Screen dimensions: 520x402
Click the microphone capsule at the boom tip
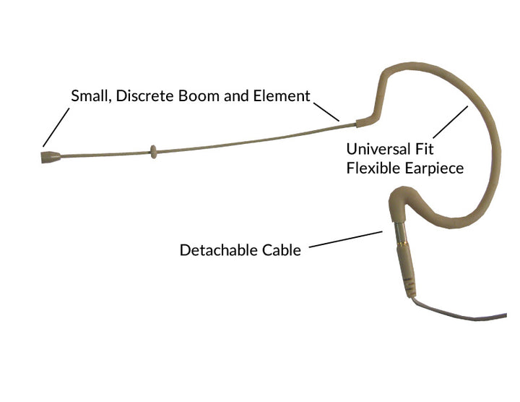click(x=51, y=157)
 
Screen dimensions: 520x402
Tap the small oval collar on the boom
click(x=153, y=152)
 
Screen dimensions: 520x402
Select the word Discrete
click(x=145, y=96)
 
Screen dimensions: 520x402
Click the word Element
click(x=282, y=96)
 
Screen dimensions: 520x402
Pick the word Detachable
click(x=219, y=250)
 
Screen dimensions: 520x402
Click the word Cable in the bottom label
click(x=282, y=250)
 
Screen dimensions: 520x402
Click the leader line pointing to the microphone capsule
click(x=56, y=127)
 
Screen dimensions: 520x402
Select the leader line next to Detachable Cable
click(x=345, y=239)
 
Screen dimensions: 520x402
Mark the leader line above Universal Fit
click(x=451, y=121)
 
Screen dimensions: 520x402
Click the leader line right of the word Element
click(x=326, y=112)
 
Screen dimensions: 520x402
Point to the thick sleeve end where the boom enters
click(x=361, y=123)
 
